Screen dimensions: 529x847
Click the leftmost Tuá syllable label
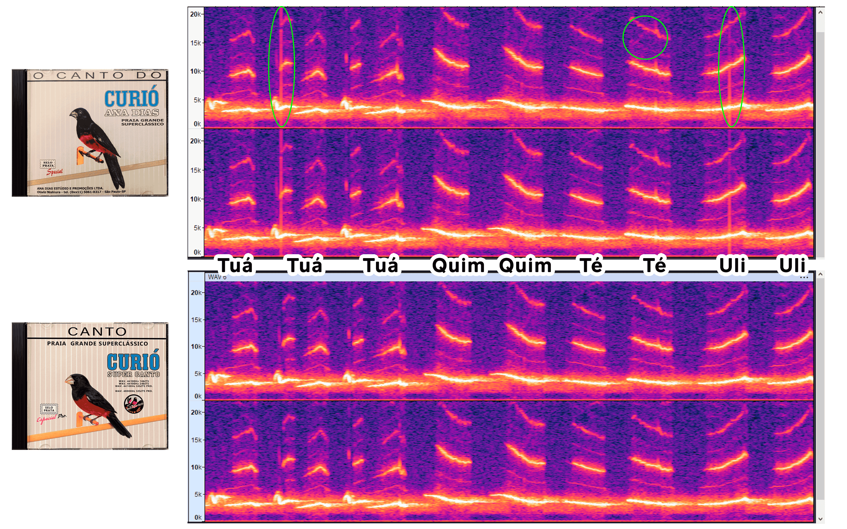(235, 265)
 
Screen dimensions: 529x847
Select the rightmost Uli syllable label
(792, 265)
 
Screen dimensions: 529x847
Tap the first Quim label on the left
(458, 265)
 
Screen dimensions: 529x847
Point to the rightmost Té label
(655, 265)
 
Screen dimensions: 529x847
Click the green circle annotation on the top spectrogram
(645, 37)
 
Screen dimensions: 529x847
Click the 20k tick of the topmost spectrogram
(195, 14)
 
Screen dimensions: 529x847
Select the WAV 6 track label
(217, 277)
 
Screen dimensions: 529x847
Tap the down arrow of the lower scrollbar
(820, 519)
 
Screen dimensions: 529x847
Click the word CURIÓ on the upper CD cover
(131, 99)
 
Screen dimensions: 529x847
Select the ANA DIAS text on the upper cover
(132, 113)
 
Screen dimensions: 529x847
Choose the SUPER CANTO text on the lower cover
(133, 374)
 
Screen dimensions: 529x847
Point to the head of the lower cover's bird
(78, 379)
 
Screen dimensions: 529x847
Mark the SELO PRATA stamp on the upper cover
(48, 164)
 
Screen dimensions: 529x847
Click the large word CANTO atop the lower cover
(97, 331)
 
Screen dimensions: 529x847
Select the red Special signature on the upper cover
(55, 172)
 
